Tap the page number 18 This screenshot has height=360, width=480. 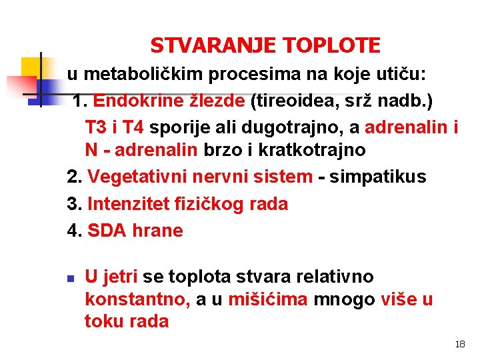tap(459, 345)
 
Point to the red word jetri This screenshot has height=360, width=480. tap(121, 277)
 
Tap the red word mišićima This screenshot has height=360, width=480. tap(268, 299)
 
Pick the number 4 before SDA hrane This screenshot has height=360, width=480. tap(73, 231)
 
